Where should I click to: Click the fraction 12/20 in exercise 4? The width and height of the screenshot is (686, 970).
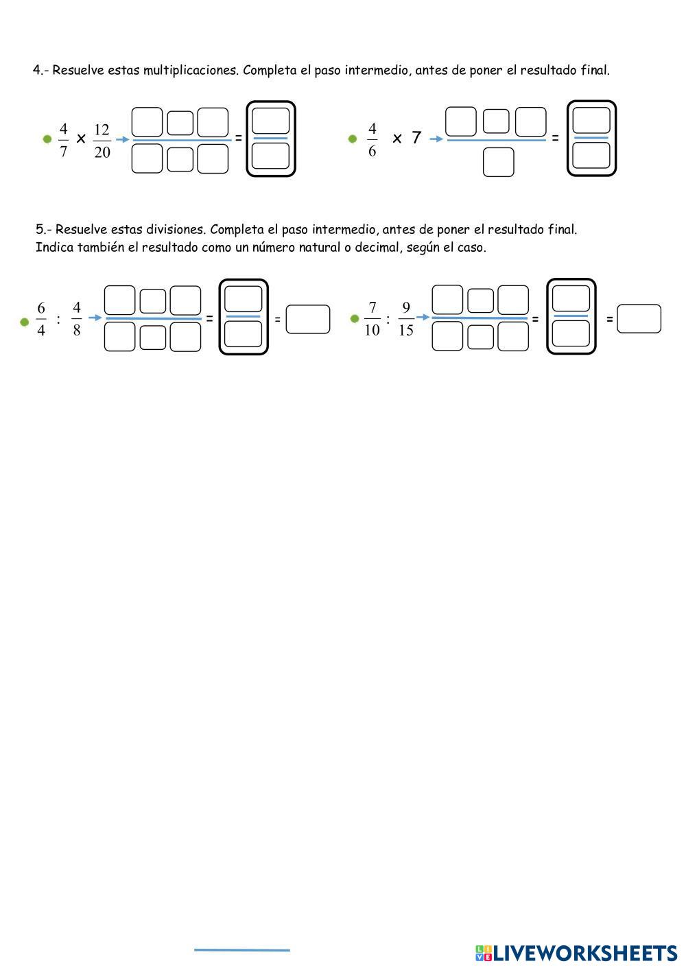click(x=102, y=141)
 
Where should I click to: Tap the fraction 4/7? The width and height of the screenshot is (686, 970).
click(x=64, y=140)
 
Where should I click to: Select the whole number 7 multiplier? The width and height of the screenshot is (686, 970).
click(x=416, y=138)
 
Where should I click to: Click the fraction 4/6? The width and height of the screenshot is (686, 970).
click(x=372, y=140)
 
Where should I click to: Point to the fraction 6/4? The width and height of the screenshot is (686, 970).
click(x=41, y=319)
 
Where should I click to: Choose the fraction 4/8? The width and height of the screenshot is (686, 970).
click(x=76, y=319)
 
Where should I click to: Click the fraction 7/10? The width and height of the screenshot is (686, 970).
click(x=372, y=319)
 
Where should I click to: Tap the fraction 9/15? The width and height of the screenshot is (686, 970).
click(x=405, y=319)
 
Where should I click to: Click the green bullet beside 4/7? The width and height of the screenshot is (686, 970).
click(x=47, y=139)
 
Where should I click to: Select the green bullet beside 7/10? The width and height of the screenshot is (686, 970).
click(x=355, y=318)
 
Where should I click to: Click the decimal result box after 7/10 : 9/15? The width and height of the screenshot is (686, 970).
click(x=639, y=319)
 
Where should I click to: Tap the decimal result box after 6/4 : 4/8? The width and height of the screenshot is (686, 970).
click(x=308, y=319)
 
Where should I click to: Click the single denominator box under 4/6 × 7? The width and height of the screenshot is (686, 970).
click(x=498, y=163)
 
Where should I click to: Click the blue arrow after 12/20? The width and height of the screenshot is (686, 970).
click(x=122, y=139)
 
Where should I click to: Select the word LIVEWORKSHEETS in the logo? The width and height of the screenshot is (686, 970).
click(x=585, y=953)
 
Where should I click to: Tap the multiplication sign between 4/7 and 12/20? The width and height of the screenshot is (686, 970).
click(x=81, y=139)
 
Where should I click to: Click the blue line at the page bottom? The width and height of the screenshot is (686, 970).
click(x=241, y=950)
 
